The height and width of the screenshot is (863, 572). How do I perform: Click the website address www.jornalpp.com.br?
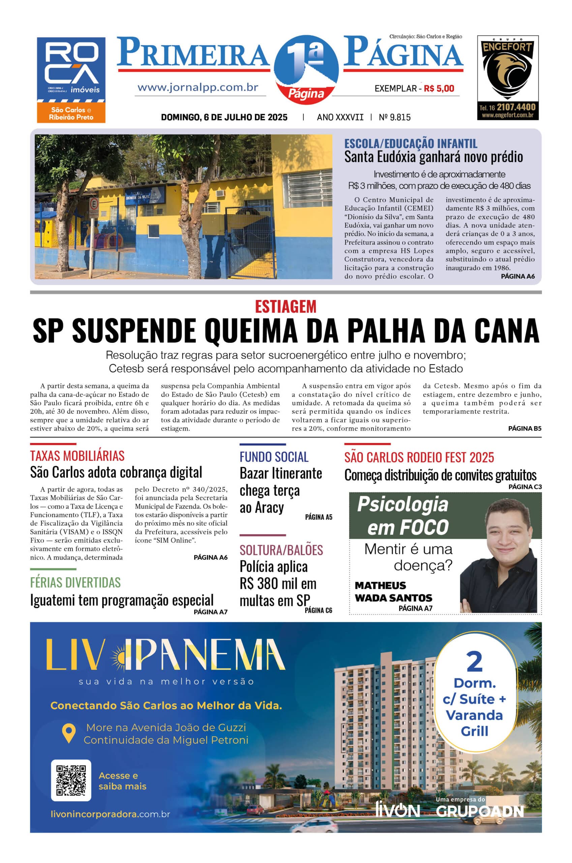(198, 88)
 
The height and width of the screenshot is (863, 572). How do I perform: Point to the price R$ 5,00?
(439, 88)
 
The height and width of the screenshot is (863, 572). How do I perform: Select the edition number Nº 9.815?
(394, 117)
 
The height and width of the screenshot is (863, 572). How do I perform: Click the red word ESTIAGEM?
(285, 306)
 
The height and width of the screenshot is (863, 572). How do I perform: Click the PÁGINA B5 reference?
(524, 428)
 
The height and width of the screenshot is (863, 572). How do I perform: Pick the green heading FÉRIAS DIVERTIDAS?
(75, 583)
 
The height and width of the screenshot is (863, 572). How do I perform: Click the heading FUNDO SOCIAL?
(274, 457)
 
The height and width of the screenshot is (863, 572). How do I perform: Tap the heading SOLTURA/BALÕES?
(281, 550)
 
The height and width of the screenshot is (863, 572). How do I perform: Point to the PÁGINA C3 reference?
(525, 486)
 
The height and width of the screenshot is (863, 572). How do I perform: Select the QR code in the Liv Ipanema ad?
(71, 780)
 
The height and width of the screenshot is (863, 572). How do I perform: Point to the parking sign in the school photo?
(93, 204)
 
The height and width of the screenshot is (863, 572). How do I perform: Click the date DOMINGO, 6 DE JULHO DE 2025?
(224, 117)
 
